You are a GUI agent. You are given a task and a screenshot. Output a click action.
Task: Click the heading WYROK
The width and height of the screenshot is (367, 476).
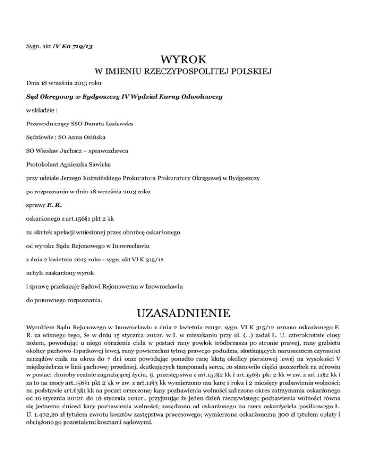coord(183,61)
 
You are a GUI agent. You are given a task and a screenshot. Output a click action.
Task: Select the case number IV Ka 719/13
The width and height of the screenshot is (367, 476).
coord(72,46)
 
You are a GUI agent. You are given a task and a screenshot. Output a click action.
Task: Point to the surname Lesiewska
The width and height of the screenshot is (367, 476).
coord(116,124)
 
